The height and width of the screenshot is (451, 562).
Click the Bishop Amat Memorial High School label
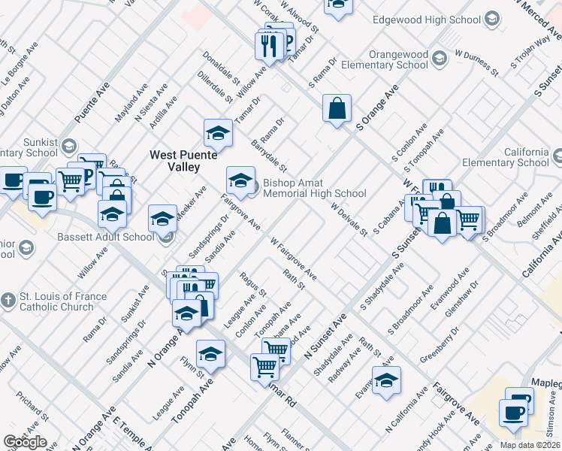click(x=314, y=188)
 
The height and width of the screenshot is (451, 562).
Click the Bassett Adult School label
click(x=105, y=238)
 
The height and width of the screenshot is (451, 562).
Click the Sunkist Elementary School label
click(x=29, y=147)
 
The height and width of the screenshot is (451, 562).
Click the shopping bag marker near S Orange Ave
click(x=337, y=107)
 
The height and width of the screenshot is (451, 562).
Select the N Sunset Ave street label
click(x=325, y=337)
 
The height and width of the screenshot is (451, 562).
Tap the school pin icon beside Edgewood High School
click(x=491, y=17)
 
